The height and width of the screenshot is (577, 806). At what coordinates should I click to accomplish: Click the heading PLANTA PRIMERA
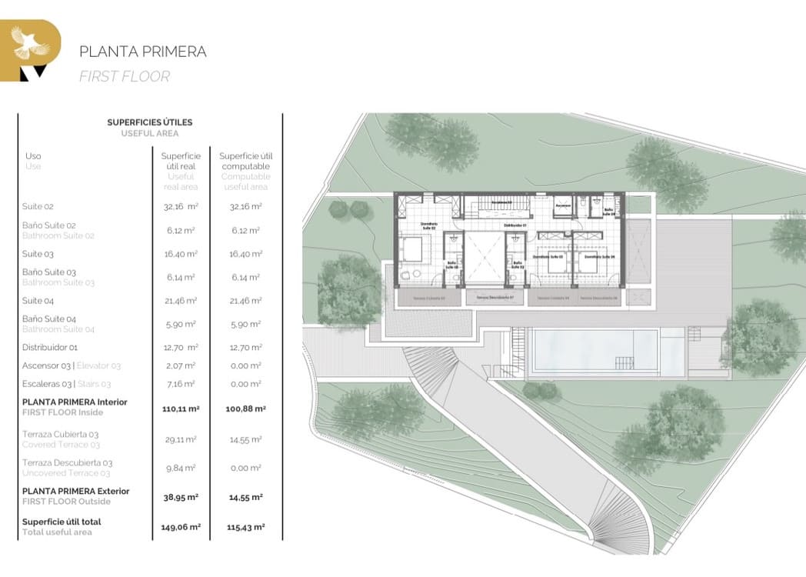pyautogui.click(x=143, y=52)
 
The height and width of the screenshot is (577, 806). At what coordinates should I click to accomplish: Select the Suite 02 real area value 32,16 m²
pyautogui.click(x=182, y=207)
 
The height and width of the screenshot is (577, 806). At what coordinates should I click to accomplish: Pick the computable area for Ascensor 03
pyautogui.click(x=245, y=365)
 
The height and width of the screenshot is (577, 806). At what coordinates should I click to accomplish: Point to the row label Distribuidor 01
pyautogui.click(x=50, y=347)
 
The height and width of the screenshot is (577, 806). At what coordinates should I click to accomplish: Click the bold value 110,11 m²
pyautogui.click(x=182, y=409)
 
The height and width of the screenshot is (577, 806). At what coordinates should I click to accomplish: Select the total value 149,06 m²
pyautogui.click(x=182, y=527)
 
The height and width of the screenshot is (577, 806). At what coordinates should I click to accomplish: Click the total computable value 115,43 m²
pyautogui.click(x=245, y=527)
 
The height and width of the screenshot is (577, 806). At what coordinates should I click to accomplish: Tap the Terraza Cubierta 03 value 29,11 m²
pyautogui.click(x=182, y=439)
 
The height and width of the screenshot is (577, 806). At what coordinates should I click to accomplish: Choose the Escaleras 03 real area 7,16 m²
pyautogui.click(x=182, y=383)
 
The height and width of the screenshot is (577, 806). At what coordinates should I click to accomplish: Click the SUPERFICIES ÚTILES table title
pyautogui.click(x=150, y=122)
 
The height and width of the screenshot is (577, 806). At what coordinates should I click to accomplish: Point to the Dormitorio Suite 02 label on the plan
pyautogui.click(x=428, y=227)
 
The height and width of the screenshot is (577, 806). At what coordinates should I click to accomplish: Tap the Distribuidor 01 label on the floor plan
pyautogui.click(x=515, y=225)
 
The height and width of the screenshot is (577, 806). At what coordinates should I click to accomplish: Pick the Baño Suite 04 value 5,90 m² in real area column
pyautogui.click(x=182, y=324)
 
